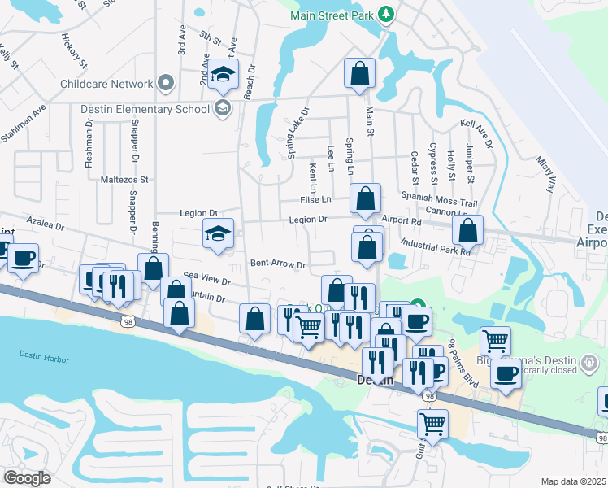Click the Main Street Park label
(334, 15)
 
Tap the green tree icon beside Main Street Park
(388, 15)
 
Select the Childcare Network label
(106, 84)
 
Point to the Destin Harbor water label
(49, 354)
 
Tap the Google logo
(28, 477)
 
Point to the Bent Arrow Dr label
(277, 264)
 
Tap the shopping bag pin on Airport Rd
(467, 231)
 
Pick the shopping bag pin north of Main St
(359, 74)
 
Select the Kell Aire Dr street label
(477, 133)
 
